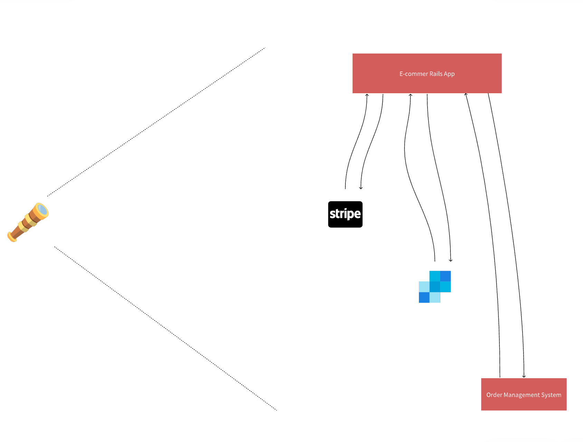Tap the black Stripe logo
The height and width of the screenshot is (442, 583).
pos(345,214)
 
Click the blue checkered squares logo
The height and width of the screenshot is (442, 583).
pos(435,287)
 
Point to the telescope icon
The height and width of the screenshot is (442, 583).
pos(28,222)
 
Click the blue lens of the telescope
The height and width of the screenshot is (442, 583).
pos(42,209)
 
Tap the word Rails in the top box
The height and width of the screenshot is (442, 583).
pos(436,74)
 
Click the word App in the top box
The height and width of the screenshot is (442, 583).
pos(449,74)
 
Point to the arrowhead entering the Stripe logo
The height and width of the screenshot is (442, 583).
pos(361,188)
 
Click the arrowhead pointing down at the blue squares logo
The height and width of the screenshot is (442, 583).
pos(450,260)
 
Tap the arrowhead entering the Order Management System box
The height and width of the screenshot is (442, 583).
pos(524,376)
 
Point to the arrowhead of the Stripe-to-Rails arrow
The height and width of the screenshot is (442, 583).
pos(367,95)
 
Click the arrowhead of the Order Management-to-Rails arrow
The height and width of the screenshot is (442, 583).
pos(466,94)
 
